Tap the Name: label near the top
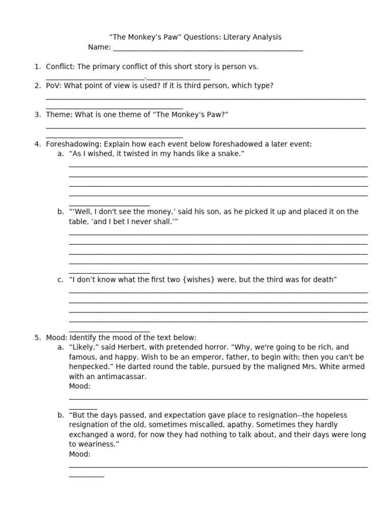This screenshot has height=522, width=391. click(x=99, y=47)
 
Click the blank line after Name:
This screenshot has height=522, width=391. click(x=208, y=49)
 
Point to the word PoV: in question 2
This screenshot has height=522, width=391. click(x=53, y=86)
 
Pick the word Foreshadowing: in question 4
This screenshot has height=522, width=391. click(x=74, y=144)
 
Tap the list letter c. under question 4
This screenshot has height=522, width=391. click(x=61, y=279)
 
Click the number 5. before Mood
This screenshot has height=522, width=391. click(x=38, y=337)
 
